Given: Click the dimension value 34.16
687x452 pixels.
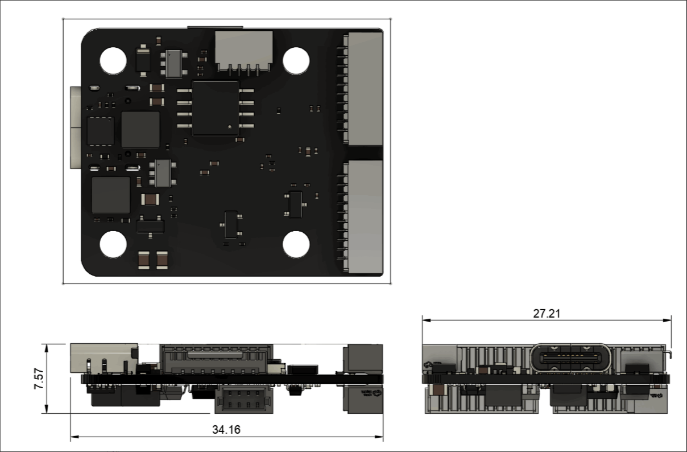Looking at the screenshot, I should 226,430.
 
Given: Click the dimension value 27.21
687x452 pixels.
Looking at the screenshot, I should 547,314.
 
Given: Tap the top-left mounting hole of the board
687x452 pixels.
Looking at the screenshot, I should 113,60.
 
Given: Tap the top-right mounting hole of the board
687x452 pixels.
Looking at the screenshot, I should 296,60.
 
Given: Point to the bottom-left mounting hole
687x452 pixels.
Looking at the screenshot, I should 113,245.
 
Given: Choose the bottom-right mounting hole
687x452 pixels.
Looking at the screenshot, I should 296,245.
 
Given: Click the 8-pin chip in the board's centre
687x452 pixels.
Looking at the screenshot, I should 216,108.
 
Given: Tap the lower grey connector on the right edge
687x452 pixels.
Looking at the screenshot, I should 365,216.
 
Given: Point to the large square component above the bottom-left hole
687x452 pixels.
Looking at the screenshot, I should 111,195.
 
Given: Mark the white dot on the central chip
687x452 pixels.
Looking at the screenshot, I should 229,128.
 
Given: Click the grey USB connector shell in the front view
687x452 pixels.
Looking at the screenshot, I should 102,358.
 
